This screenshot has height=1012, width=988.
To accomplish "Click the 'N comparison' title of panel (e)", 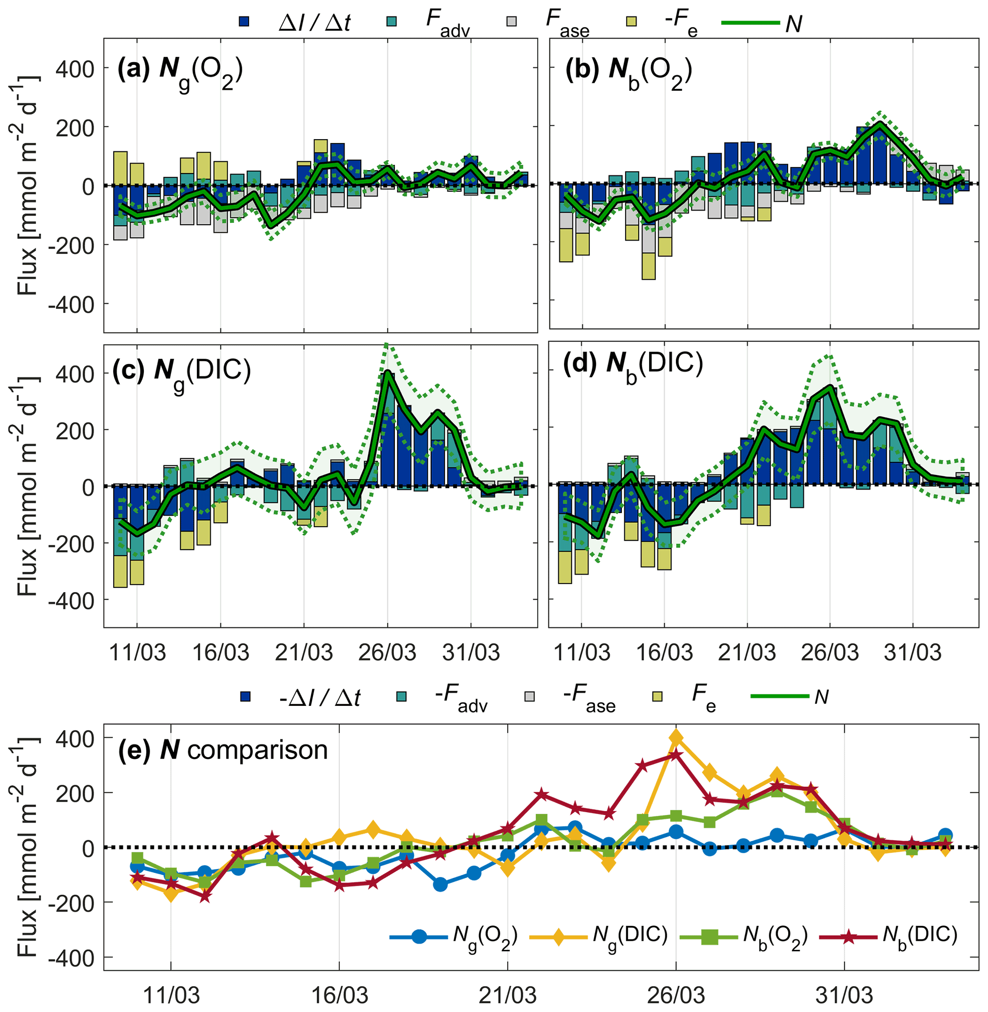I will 223,750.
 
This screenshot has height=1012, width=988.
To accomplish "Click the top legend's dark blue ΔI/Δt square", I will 244,22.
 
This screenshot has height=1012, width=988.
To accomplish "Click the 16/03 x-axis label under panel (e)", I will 339,995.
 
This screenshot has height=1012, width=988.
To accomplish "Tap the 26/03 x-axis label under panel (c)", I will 387,652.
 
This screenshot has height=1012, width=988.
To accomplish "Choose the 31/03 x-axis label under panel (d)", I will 913,652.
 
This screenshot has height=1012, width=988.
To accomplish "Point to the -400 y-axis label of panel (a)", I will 71,304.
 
